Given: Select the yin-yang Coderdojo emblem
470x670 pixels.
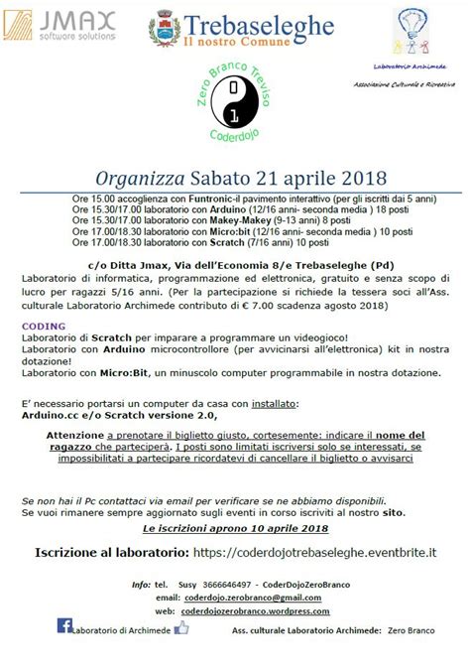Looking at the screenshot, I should (232, 104).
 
